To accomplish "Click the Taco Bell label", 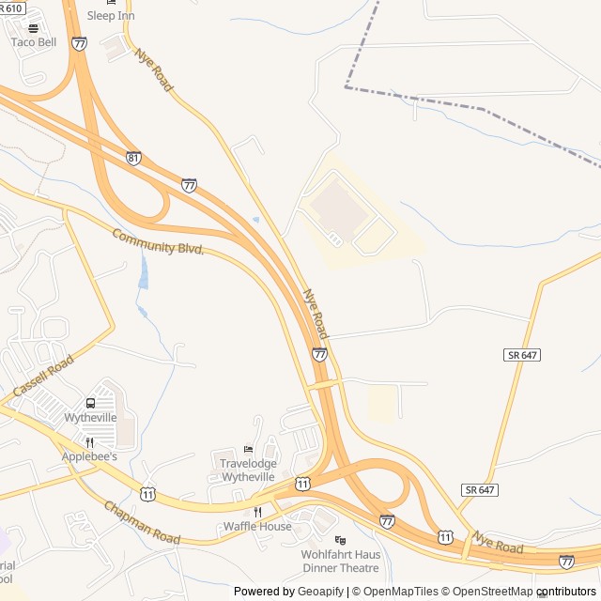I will (34, 42).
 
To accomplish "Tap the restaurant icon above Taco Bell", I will (34, 28).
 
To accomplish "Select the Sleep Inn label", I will (111, 16).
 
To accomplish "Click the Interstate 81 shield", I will (133, 159).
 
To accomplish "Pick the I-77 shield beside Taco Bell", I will (79, 43).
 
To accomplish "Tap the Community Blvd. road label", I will (158, 241).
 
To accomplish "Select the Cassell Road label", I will (43, 376).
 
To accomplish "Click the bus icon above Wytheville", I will (91, 403).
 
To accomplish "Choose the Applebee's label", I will (89, 456).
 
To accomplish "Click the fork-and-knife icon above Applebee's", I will (89, 442).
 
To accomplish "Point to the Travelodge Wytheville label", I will (248, 470).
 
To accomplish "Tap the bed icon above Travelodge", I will (248, 449).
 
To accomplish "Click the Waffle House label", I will (257, 526).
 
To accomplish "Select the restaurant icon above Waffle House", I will (257, 512).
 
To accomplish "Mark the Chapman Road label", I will (142, 523).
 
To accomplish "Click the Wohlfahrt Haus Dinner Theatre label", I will (340, 561).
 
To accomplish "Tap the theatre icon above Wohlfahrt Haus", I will (340, 540).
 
